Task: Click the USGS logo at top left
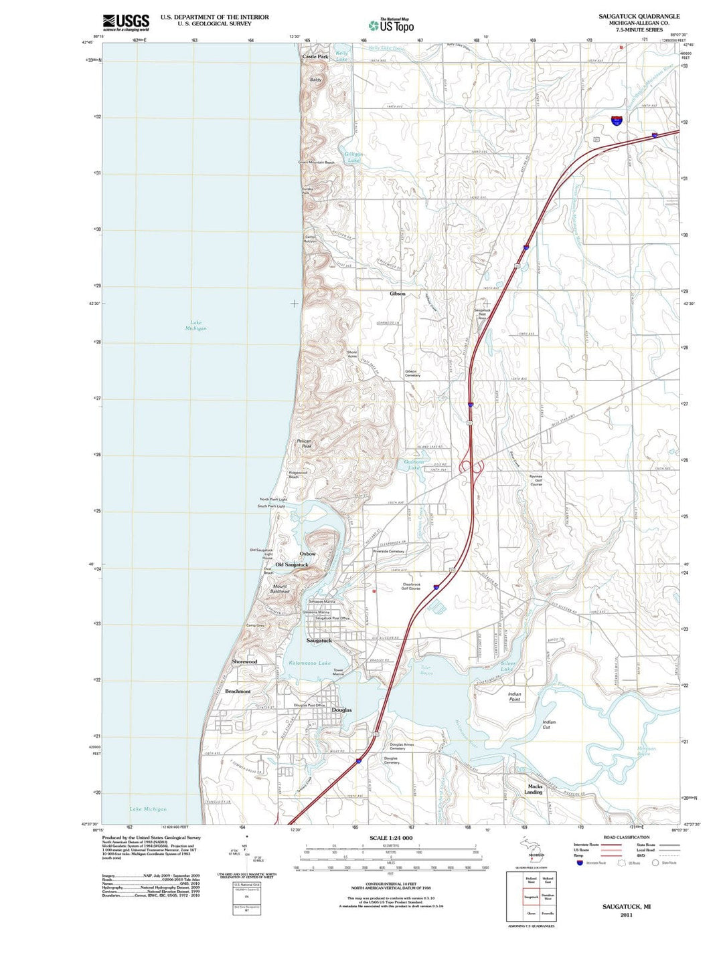point(125,23)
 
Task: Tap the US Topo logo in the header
point(391,25)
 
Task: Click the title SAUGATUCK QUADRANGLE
point(639,16)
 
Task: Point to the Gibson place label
point(398,294)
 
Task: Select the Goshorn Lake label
point(414,465)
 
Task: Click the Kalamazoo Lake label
point(309,663)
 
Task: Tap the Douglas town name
point(341,710)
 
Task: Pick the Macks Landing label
point(535,789)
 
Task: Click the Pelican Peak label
point(305,443)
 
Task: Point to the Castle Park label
point(315,58)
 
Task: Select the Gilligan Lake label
point(353,157)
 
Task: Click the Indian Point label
point(514,697)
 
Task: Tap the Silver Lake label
point(508,666)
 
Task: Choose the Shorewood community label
point(244,661)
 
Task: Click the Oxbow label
point(307,554)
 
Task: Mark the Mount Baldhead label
point(280,589)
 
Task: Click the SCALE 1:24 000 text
point(391,838)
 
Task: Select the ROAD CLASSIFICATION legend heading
point(626,837)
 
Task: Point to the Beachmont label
point(238,691)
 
